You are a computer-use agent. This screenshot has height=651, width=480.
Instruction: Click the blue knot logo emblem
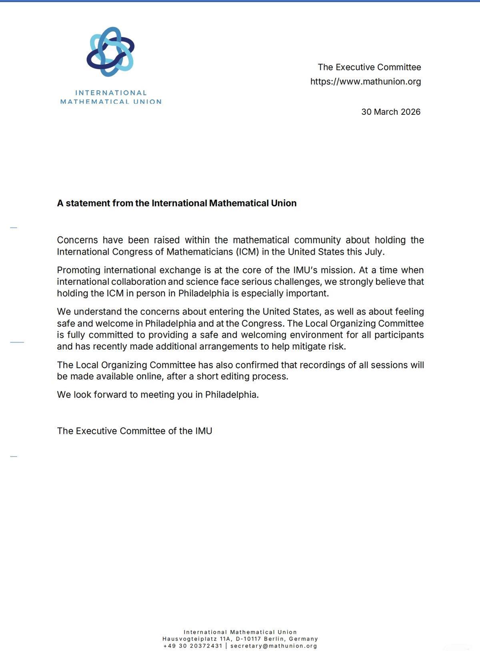point(110,52)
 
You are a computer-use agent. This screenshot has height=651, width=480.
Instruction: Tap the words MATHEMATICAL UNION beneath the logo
point(111,102)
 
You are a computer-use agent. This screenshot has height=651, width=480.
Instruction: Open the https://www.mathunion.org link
point(366,82)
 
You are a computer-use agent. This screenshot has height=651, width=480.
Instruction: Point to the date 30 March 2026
point(391,112)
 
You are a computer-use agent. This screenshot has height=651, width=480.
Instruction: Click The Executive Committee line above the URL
point(369,67)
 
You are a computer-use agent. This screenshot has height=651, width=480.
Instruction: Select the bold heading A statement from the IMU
point(177,203)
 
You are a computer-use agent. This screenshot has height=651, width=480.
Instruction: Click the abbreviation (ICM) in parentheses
point(246,252)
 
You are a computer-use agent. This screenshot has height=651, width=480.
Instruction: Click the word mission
point(338,270)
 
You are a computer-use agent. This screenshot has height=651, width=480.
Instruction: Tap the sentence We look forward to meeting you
point(158,395)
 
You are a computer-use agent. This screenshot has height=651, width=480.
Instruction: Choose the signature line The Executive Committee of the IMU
point(134,431)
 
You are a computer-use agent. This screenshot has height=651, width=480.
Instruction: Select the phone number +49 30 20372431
point(193,646)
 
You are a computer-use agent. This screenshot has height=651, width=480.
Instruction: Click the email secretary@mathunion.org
point(274,646)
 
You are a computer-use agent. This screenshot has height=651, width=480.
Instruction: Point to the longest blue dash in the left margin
point(17,342)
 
